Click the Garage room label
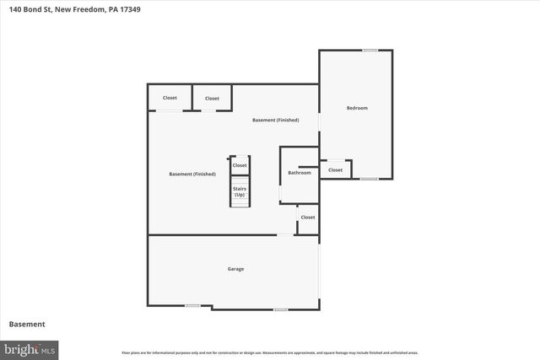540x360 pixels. click(235, 269)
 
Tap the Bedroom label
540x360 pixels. click(357, 108)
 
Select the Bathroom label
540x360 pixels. click(300, 173)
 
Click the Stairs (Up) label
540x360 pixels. click(240, 192)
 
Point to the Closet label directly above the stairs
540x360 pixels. click(240, 165)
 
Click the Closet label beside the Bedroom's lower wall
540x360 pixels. click(336, 170)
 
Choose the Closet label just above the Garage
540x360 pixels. click(308, 218)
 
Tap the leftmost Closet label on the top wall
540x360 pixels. click(170, 98)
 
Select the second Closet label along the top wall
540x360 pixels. click(212, 99)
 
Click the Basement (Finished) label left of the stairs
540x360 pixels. click(192, 175)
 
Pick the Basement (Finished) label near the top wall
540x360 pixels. click(276, 121)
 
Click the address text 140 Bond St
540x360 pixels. click(30, 9)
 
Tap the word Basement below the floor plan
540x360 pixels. click(27, 324)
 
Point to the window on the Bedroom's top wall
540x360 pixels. click(370, 51)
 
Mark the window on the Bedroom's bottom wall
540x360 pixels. click(370, 179)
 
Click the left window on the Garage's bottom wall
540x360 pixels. click(193, 305)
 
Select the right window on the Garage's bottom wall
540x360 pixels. click(281, 309)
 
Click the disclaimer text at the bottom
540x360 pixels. click(270, 352)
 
